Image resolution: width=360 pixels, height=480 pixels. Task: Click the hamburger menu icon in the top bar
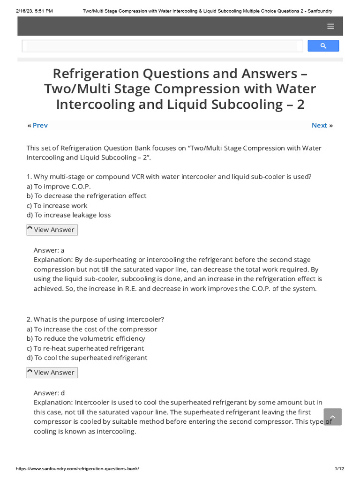coord(330,26)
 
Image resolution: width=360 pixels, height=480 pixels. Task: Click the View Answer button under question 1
coord(52,230)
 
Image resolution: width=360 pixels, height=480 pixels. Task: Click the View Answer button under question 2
coord(52,372)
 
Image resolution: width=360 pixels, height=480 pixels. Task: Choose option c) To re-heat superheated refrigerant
coord(85,348)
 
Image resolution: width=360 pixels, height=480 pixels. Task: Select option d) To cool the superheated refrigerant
coord(87,358)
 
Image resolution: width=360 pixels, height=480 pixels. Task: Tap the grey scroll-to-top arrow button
coord(332,417)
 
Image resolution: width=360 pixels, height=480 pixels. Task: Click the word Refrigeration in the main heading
coord(96,74)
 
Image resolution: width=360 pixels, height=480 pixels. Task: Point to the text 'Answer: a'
coord(49,250)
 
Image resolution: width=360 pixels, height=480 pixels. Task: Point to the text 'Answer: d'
coord(49,392)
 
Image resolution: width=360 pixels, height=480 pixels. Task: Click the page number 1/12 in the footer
coord(339,469)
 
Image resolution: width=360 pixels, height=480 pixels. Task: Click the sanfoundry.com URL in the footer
coord(77,469)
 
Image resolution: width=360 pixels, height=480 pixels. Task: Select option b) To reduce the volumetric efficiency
coord(86,338)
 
